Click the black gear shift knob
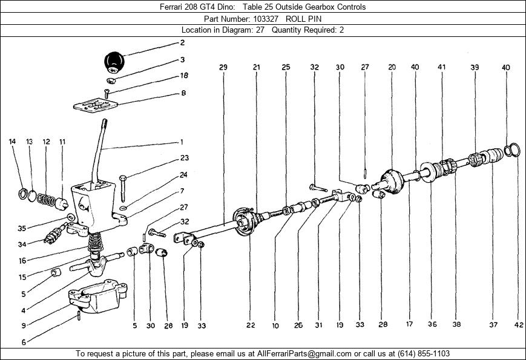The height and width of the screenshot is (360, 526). click(x=114, y=62)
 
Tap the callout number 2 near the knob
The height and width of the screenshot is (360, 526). click(x=182, y=42)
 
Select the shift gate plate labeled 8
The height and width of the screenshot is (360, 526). click(x=96, y=105)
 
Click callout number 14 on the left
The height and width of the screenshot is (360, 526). click(x=12, y=142)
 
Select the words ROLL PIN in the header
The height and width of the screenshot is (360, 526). click(x=303, y=19)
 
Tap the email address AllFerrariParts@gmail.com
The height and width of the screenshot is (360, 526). click(x=304, y=353)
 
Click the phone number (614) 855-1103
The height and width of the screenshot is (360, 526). click(x=423, y=353)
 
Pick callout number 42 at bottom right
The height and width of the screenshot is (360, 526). click(x=519, y=324)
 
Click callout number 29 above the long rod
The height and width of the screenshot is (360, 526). click(x=223, y=67)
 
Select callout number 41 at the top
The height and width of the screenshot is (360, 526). click(x=441, y=67)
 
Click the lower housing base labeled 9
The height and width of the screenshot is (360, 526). click(x=98, y=296)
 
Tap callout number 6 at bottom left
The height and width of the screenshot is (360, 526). click(x=24, y=342)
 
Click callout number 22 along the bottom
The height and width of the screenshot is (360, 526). click(x=251, y=325)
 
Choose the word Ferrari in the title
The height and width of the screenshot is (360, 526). click(x=171, y=7)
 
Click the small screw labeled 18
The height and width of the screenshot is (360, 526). click(x=107, y=93)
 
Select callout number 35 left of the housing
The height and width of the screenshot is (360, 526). click(x=22, y=229)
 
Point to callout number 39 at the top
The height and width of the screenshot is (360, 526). click(x=475, y=67)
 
